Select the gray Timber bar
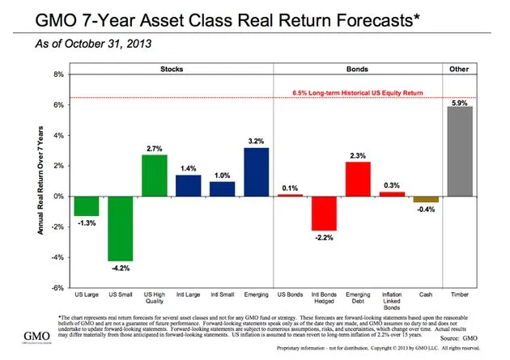(x=460, y=151)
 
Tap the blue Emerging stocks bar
(x=256, y=172)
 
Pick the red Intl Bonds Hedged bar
(x=324, y=213)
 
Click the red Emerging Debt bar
(x=358, y=179)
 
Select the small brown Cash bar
(x=426, y=199)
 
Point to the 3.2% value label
(x=257, y=140)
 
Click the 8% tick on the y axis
(x=58, y=74)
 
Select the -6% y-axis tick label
(x=57, y=287)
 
